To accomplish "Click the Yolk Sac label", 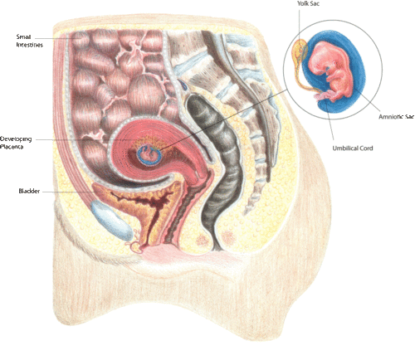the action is click(x=308, y=3).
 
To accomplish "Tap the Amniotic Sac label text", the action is click(x=396, y=117).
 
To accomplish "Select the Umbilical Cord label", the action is click(x=353, y=148).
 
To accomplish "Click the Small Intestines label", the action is click(x=29, y=41).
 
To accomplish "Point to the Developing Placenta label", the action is click(x=16, y=143).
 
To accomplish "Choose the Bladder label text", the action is click(x=29, y=191).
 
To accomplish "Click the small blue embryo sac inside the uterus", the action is click(x=149, y=155).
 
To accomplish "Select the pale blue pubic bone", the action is click(x=111, y=220).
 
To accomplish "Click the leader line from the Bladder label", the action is click(x=67, y=192).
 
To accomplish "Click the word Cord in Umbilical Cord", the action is click(x=365, y=148).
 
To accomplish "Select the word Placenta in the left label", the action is click(x=12, y=147).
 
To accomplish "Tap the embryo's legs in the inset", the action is click(x=325, y=96).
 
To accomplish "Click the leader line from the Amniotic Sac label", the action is click(x=368, y=102).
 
